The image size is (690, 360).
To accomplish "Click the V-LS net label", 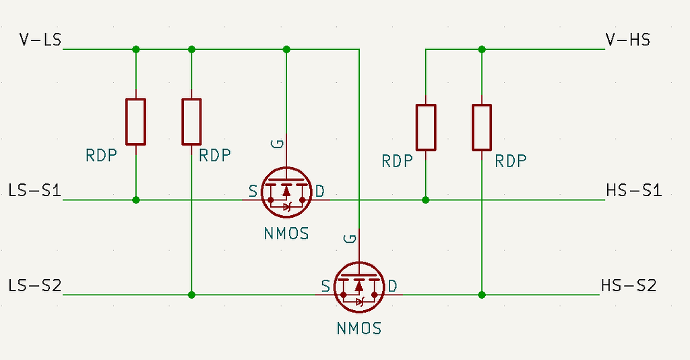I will pyautogui.click(x=40, y=40).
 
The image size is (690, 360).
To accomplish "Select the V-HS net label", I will pyautogui.click(x=628, y=40).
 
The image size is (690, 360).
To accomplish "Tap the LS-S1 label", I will pyautogui.click(x=35, y=191).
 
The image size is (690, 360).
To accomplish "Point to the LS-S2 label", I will pyautogui.click(x=35, y=286).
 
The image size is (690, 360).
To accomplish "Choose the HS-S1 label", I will pyautogui.click(x=634, y=191).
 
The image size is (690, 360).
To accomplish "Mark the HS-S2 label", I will pyautogui.click(x=628, y=286).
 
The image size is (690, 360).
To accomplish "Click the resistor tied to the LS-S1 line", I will pyautogui.click(x=136, y=121).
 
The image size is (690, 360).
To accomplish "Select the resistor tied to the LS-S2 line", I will pyautogui.click(x=191, y=121).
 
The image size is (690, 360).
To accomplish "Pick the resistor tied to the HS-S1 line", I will pyautogui.click(x=425, y=127).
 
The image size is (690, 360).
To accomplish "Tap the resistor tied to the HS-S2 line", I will pyautogui.click(x=481, y=127).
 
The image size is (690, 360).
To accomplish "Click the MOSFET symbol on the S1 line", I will pyautogui.click(x=286, y=191).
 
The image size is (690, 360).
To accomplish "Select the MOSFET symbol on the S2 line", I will pyautogui.click(x=359, y=287).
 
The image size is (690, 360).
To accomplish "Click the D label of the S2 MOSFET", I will pyautogui.click(x=392, y=286).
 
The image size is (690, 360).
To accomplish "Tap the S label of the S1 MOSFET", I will pyautogui.click(x=253, y=191).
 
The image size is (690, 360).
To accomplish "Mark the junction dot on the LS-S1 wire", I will pyautogui.click(x=136, y=200).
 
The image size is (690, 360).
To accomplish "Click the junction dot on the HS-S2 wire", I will pyautogui.click(x=481, y=295).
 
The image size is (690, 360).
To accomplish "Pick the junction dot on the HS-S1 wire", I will pyautogui.click(x=425, y=200).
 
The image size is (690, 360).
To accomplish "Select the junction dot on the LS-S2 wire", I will pyautogui.click(x=191, y=295).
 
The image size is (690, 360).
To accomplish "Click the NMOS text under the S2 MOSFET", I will pyautogui.click(x=359, y=329).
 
